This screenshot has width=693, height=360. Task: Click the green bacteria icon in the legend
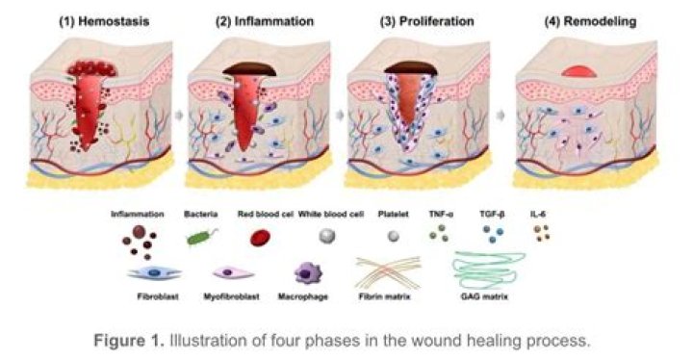pyautogui.click(x=198, y=235)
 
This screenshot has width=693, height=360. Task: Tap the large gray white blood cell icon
pyautogui.click(x=328, y=235)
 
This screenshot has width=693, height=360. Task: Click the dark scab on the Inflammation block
pyautogui.click(x=254, y=68)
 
